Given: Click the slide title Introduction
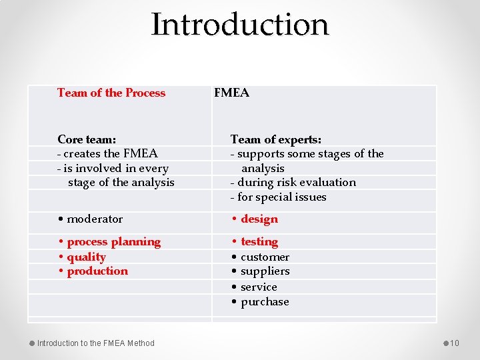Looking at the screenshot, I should point(240,25).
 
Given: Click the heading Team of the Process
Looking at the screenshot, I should point(111,93).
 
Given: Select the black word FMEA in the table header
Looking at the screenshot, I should point(231,93).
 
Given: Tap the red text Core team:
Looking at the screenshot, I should point(87,139).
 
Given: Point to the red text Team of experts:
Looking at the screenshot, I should point(276,139).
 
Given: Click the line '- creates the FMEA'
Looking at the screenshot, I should point(107,154).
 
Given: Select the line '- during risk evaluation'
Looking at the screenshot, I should point(293,182).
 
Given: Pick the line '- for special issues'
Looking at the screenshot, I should point(278,197).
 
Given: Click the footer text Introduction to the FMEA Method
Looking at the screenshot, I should point(95,343).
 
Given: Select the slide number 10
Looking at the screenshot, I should point(455,343).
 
